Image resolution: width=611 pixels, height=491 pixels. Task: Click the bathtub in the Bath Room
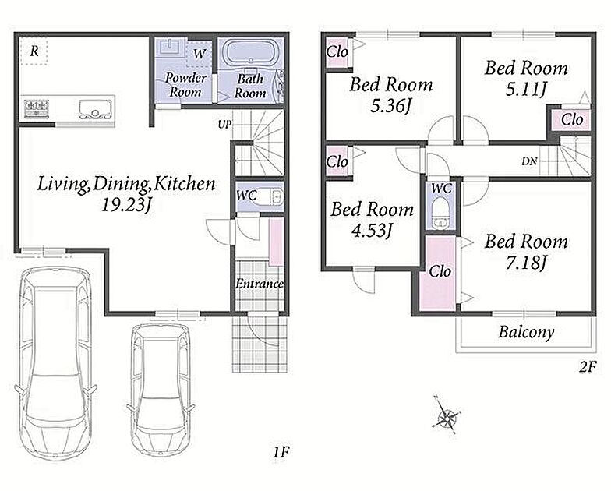coord(249,53)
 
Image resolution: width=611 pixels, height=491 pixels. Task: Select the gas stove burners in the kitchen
coord(37,108)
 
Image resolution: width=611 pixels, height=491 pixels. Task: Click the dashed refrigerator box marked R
coord(34,51)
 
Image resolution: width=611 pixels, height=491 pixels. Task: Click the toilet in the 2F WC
coord(441,213)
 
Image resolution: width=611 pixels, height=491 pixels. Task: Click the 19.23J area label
coord(126,205)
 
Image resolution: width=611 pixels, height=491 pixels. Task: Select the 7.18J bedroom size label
coord(527,263)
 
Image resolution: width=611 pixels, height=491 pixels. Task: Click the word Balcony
coord(526,332)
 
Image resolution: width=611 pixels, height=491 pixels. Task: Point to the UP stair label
coord(224,125)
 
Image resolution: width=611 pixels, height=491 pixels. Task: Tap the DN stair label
coord(530,161)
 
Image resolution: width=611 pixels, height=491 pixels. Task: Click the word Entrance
coord(260,284)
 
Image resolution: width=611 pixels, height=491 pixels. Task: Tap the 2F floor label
coord(588,367)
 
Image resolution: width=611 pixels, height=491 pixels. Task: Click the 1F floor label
coord(281,452)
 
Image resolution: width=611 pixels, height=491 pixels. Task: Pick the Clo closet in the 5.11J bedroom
coord(572,119)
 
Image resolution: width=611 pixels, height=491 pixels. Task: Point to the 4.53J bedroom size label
coord(371,231)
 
